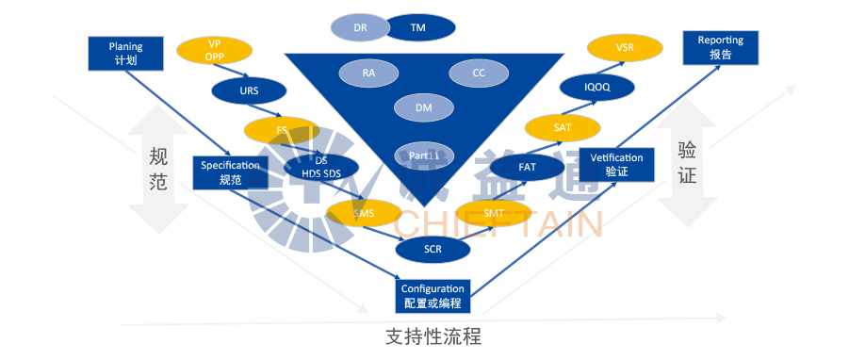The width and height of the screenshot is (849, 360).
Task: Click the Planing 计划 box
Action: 124,53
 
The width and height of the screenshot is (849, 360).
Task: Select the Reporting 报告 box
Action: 721,48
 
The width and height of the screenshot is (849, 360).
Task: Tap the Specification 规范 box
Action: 230,172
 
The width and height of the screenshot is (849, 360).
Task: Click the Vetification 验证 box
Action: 616,165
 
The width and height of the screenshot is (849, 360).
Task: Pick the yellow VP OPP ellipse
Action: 214,50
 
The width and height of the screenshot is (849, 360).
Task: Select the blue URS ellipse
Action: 249,91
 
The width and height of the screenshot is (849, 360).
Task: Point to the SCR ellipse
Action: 433,249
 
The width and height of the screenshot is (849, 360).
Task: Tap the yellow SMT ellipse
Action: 493,214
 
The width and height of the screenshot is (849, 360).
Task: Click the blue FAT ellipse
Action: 527,167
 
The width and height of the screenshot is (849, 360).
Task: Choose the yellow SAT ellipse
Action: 563,126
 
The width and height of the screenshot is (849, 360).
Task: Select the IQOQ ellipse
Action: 597,87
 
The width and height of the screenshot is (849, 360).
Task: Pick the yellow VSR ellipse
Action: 625,46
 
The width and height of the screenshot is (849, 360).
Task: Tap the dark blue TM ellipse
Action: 418,28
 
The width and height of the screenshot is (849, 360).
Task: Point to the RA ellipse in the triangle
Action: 368,72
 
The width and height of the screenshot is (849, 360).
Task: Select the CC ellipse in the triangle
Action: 478,73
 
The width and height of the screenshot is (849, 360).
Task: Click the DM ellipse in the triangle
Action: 424,107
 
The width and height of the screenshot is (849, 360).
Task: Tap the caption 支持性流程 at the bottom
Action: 433,336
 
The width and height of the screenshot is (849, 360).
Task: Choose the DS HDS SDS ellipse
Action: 321,167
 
